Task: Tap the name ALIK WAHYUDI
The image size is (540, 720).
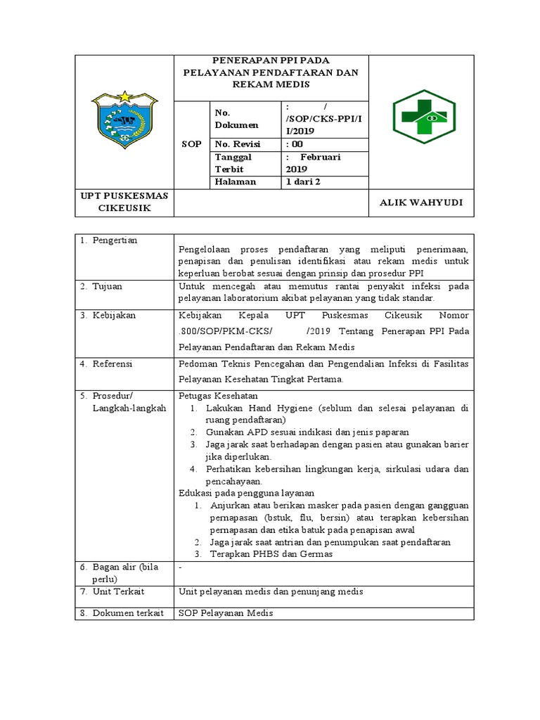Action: pyautogui.click(x=421, y=202)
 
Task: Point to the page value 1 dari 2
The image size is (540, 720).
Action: pyautogui.click(x=303, y=181)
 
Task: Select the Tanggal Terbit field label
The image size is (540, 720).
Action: pyautogui.click(x=234, y=163)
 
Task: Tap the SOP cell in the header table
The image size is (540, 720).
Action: pyautogui.click(x=191, y=143)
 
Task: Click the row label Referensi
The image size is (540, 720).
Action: pyautogui.click(x=112, y=364)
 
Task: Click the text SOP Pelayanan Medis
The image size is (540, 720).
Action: pyautogui.click(x=225, y=613)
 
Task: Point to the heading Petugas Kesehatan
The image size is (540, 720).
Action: pyautogui.click(x=219, y=396)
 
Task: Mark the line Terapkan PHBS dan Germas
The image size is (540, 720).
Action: pyautogui.click(x=269, y=554)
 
